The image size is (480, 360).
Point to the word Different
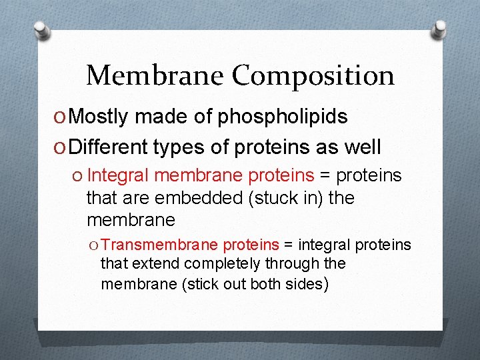109,147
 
